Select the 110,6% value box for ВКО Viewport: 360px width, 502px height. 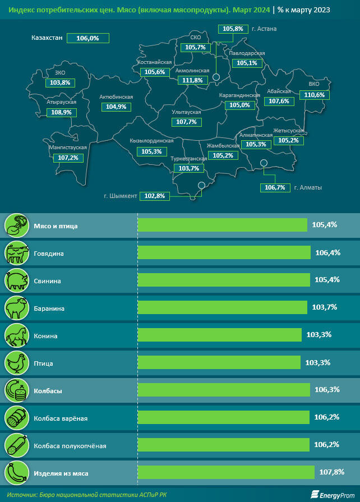tap(314, 95)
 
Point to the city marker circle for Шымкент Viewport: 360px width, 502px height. tap(201, 186)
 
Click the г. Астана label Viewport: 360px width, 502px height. tap(265, 28)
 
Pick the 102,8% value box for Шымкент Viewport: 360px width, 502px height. tap(154, 196)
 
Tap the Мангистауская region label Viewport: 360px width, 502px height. tap(68, 148)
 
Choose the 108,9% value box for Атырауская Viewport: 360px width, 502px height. tap(62, 112)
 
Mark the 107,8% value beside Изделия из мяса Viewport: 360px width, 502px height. tap(331, 472)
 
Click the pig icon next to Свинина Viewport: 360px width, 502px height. tap(16, 280)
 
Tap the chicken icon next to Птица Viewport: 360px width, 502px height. tap(16, 363)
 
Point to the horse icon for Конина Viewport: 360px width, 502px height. tap(16, 335)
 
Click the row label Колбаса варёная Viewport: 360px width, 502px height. tap(61, 418)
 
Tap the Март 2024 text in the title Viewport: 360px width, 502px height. tap(252, 10)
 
